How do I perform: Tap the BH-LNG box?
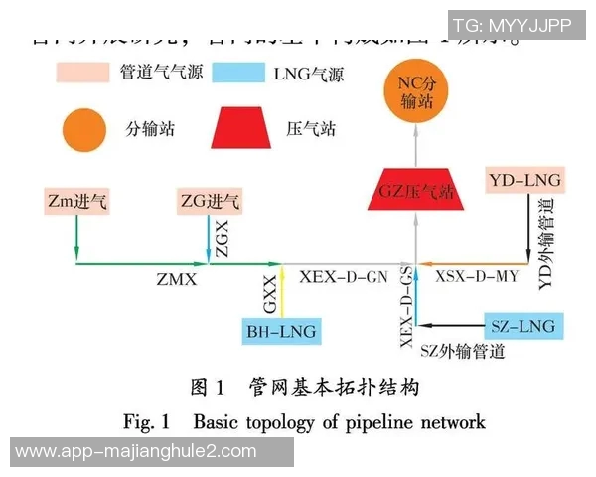click(282, 331)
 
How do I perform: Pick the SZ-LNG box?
click(522, 325)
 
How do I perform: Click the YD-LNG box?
click(525, 181)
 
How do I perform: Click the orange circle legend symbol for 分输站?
click(85, 128)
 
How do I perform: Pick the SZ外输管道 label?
click(462, 351)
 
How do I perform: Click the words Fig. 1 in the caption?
click(147, 421)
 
